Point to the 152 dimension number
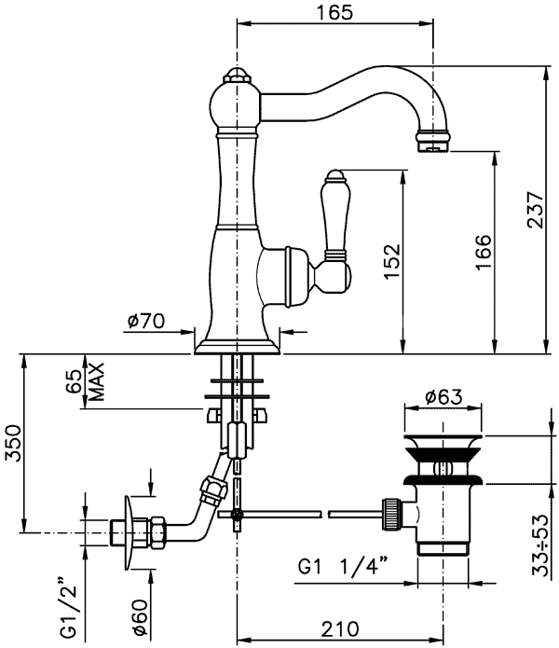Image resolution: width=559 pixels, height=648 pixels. tap(391, 262)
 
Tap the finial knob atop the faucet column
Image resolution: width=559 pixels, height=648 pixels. tap(238, 76)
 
